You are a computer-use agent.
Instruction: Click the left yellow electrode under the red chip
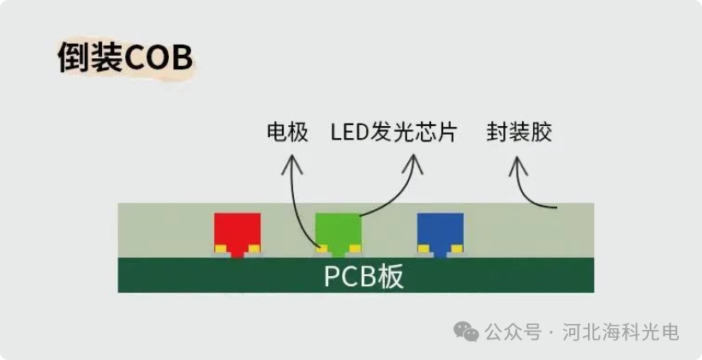click(x=220, y=249)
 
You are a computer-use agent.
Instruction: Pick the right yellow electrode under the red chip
click(x=254, y=249)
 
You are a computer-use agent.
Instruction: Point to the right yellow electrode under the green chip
click(x=356, y=249)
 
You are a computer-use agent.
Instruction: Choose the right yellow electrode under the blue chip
click(x=457, y=249)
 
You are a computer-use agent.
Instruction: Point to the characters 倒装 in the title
click(x=90, y=58)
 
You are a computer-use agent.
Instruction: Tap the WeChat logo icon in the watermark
click(x=467, y=331)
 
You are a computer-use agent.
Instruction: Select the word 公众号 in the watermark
click(x=513, y=332)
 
